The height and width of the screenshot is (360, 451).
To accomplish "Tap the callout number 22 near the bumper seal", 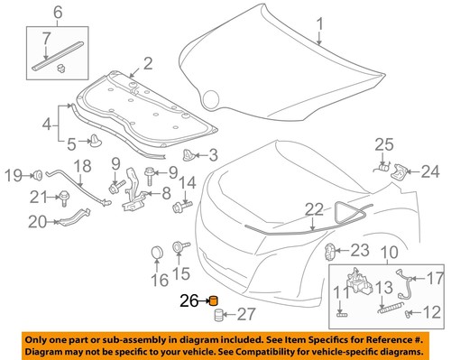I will point(313,208).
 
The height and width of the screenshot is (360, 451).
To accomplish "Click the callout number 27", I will point(245,315).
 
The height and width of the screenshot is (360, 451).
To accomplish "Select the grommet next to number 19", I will point(41,174).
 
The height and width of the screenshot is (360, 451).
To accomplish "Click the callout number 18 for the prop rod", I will point(82,166).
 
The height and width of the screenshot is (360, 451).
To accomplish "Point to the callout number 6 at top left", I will point(33,12).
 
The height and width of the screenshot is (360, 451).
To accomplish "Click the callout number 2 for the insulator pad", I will point(147,64).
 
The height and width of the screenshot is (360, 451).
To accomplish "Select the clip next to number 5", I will point(95,139).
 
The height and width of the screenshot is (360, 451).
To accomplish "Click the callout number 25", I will point(384,144).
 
